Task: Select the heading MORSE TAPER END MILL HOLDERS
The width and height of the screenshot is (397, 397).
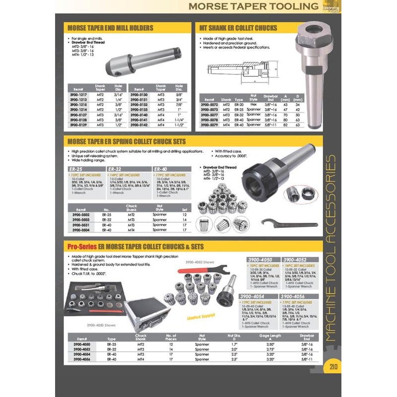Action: (x=110, y=28)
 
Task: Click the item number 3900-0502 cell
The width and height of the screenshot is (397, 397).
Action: (x=80, y=214)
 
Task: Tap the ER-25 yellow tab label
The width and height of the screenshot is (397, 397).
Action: (x=75, y=169)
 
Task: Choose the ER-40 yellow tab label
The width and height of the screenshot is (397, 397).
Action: (x=162, y=169)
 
